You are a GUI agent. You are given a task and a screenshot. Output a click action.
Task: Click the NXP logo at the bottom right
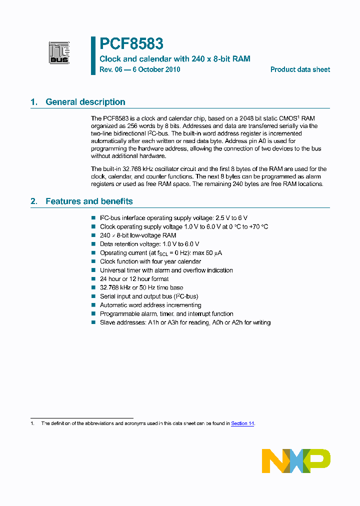click(296, 460)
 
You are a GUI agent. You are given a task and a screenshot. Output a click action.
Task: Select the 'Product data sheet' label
click(300, 70)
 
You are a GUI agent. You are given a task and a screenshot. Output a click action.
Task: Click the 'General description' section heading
click(85, 102)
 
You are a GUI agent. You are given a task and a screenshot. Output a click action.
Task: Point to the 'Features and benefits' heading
click(89, 201)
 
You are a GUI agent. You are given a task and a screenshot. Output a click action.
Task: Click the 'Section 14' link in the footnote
click(242, 423)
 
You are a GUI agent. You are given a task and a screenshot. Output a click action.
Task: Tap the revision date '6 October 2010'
click(155, 70)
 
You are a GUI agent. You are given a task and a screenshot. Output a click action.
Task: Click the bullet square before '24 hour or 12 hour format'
click(93, 279)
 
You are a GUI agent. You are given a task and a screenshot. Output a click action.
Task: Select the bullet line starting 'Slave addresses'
click(185, 323)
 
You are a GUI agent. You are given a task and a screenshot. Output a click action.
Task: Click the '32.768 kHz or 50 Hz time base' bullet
click(141, 288)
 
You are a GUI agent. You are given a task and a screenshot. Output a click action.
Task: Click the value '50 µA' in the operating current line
click(214, 253)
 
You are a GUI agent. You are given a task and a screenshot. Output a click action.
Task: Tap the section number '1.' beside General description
click(34, 102)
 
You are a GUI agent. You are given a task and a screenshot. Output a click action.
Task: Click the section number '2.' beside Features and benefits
click(34, 201)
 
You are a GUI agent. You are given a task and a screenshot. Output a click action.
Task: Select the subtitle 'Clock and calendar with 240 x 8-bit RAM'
click(175, 59)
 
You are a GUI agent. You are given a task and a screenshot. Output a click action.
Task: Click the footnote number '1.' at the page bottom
click(32, 423)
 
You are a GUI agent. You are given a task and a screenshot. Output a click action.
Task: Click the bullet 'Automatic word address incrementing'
click(150, 305)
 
